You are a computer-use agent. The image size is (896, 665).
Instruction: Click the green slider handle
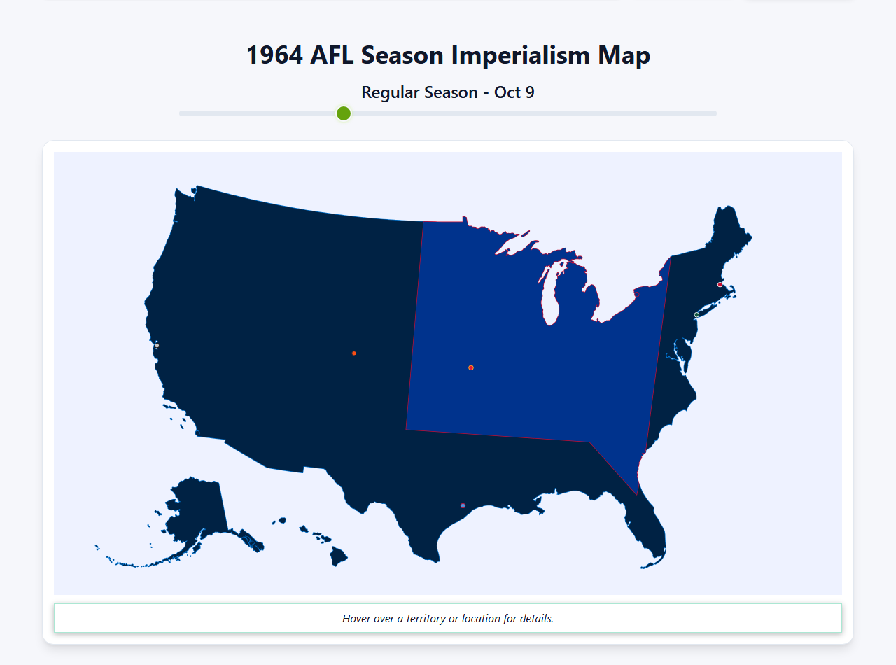[343, 113]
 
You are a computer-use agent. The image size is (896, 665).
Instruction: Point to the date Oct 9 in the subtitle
[514, 92]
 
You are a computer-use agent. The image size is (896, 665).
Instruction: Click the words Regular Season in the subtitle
[419, 92]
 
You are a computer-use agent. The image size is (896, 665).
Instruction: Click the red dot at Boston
[720, 285]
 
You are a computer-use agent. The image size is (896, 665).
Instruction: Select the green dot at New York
[696, 315]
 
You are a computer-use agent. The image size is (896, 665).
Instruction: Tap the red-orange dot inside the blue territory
[471, 367]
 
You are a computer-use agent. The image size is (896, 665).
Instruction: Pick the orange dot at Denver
[354, 353]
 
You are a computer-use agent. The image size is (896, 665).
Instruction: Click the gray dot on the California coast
[157, 345]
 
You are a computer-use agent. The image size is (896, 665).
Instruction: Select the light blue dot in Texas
[463, 505]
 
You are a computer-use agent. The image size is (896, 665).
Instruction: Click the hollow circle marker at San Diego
[197, 433]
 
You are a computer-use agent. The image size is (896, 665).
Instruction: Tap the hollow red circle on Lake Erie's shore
[636, 295]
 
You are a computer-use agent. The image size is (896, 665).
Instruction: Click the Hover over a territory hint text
[448, 619]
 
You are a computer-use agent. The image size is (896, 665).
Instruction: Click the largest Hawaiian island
[339, 557]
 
